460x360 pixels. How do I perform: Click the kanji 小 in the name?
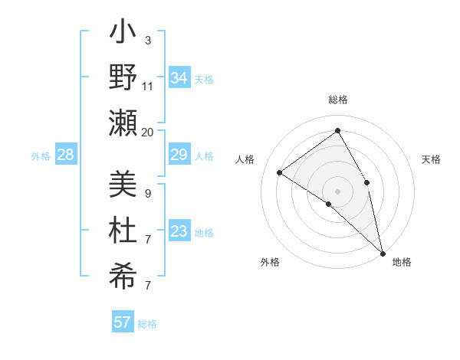(x=123, y=34)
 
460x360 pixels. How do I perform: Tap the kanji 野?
(x=123, y=79)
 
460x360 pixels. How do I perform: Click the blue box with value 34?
(x=179, y=78)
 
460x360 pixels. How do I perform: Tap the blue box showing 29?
(x=179, y=155)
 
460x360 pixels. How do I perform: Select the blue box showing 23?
(x=179, y=232)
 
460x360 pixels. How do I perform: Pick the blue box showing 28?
(x=66, y=155)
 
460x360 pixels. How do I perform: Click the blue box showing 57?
(x=123, y=322)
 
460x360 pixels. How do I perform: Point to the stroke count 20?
(x=148, y=132)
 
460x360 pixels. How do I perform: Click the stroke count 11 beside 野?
(x=148, y=87)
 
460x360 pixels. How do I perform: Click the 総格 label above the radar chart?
(x=338, y=100)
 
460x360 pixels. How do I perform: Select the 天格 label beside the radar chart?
(x=432, y=159)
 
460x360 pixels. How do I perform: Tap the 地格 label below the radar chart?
(x=402, y=262)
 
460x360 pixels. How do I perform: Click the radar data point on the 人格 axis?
(x=280, y=172)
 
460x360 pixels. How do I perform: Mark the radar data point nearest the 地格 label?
(x=382, y=252)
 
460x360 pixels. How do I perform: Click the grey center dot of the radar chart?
(x=338, y=191)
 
